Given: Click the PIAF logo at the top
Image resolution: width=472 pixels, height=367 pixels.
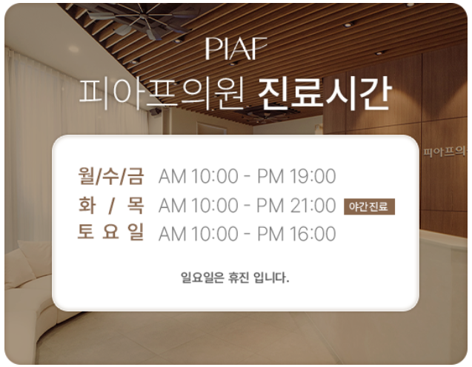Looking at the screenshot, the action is [x=236, y=48].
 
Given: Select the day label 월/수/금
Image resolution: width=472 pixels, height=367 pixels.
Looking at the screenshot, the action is [x=111, y=176].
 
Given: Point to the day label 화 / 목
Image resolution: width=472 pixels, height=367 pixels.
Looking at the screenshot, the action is [x=111, y=205].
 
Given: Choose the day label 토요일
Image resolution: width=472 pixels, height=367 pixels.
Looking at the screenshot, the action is [x=111, y=232].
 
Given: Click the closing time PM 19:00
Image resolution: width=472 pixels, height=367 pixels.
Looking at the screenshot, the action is [x=296, y=176].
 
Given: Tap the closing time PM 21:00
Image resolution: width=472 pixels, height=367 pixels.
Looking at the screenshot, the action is [x=296, y=205].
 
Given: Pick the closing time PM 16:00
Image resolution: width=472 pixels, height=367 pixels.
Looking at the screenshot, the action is [x=296, y=234].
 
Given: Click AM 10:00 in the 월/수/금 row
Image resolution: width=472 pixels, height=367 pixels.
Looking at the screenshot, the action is [x=199, y=176].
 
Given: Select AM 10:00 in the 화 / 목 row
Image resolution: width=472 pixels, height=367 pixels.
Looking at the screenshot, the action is [x=199, y=205].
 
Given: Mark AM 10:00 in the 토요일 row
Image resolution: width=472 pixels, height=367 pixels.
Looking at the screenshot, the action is [x=199, y=234].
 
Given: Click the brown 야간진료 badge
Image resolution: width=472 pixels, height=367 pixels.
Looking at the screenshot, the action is [x=369, y=206].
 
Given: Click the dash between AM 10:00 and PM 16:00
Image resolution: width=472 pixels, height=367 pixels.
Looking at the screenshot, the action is [x=247, y=235].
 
